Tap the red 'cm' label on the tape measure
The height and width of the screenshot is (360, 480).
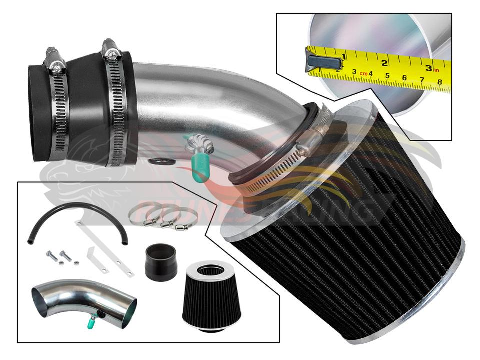pyautogui.click(x=363, y=74)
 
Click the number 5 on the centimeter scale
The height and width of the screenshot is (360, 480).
pyautogui.click(x=388, y=76)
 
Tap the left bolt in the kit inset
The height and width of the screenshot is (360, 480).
pyautogui.click(x=51, y=256)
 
